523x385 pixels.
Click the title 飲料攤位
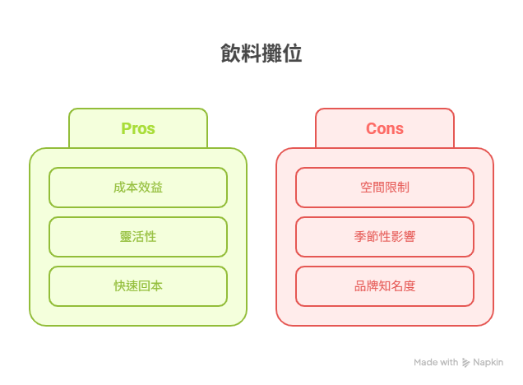[261, 53]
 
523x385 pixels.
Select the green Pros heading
[138, 128]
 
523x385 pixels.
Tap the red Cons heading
[385, 128]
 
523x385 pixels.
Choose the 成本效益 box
[138, 188]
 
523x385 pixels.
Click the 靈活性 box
[138, 237]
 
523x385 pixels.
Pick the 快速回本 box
[138, 286]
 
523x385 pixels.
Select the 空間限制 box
[385, 188]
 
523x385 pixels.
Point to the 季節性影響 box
[385, 237]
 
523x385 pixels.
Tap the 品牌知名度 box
[385, 286]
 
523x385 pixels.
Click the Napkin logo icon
[465, 363]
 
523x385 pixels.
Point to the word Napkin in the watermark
[488, 362]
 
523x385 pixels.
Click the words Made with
[436, 362]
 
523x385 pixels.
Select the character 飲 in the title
[230, 53]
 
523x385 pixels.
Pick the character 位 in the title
[293, 53]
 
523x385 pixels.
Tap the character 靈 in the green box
[126, 237]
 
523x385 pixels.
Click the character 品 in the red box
[360, 286]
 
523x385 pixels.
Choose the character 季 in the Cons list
[360, 237]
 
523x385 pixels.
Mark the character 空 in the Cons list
[366, 188]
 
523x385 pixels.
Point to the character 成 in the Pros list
[119, 188]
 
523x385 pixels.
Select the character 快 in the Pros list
[119, 286]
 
